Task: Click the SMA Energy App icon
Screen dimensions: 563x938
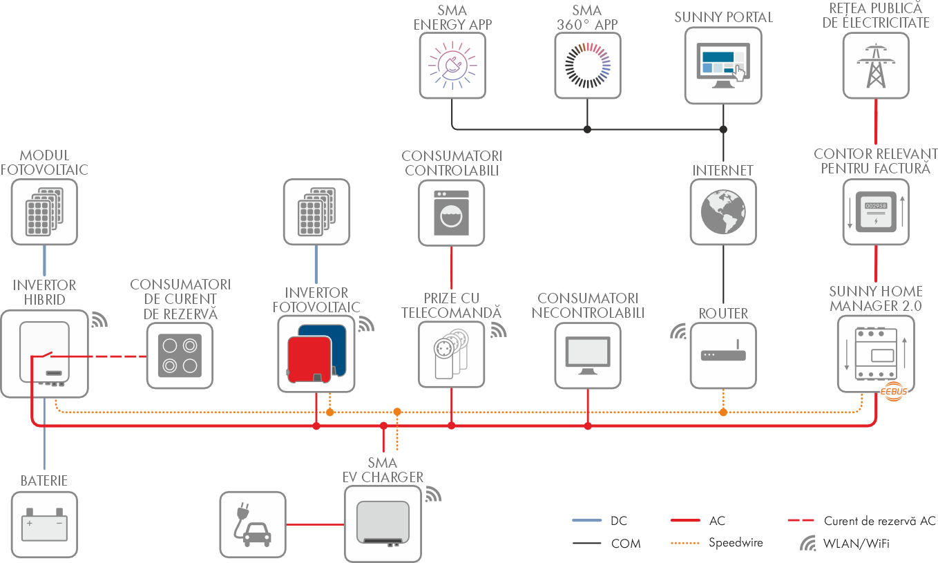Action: pos(452,66)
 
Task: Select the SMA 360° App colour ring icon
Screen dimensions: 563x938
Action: pos(588,66)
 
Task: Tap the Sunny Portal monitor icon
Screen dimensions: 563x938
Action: pos(723,66)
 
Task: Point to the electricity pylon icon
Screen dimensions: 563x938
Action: pos(876,66)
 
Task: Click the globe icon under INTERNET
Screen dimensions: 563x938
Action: pos(723,211)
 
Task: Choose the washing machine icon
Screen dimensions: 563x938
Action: pos(452,211)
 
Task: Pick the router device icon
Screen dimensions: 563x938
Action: pos(723,355)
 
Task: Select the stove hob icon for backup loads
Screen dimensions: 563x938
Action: pos(180,355)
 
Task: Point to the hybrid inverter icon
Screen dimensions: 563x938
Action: pos(45,352)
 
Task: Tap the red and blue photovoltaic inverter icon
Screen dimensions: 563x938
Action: pos(316,354)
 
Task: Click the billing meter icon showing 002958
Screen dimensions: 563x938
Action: pos(876,211)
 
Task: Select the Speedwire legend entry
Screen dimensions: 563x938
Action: pos(736,543)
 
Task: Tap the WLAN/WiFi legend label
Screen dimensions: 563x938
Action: pos(856,544)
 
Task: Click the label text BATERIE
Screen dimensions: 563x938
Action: pos(44,481)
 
